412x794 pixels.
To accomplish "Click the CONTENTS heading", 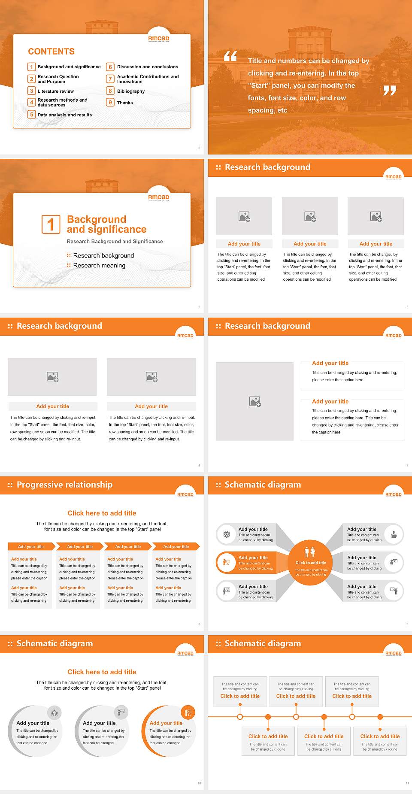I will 51,52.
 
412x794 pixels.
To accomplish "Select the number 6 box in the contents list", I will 110,67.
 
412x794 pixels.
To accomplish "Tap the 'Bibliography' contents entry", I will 130,91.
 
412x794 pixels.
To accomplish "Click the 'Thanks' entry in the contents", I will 125,103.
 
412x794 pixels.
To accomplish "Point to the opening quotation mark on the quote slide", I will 230,56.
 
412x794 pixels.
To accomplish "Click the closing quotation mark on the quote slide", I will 389,91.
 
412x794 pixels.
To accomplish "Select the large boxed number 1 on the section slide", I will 51,224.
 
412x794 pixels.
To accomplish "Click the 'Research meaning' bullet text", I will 99,266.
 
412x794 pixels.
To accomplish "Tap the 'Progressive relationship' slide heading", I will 64,485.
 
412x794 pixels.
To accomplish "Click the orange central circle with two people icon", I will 310,562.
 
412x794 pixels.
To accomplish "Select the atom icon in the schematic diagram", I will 227,534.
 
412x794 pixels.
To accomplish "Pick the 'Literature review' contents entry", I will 55,91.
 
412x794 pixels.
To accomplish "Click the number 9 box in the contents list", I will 110,103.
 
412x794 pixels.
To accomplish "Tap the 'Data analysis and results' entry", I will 64,115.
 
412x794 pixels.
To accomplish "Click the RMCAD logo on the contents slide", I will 159,39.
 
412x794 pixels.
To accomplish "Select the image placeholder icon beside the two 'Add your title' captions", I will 255,402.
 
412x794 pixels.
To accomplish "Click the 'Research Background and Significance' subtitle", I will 115,242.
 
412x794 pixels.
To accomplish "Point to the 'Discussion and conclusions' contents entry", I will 147,67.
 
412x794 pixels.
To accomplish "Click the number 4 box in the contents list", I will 31,102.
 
